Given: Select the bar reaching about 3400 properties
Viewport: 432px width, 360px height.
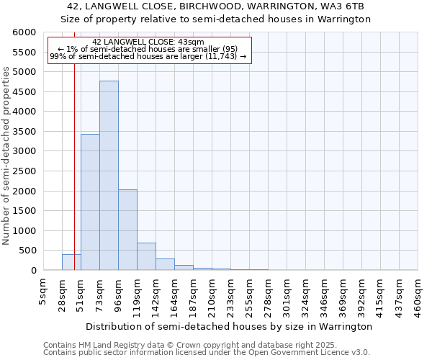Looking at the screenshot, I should [90, 202].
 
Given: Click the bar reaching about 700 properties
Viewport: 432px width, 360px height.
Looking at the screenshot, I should [146, 256].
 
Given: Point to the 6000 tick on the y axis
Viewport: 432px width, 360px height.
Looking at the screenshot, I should [24, 33].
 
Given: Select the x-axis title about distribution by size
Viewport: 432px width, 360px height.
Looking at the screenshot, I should [228, 326].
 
